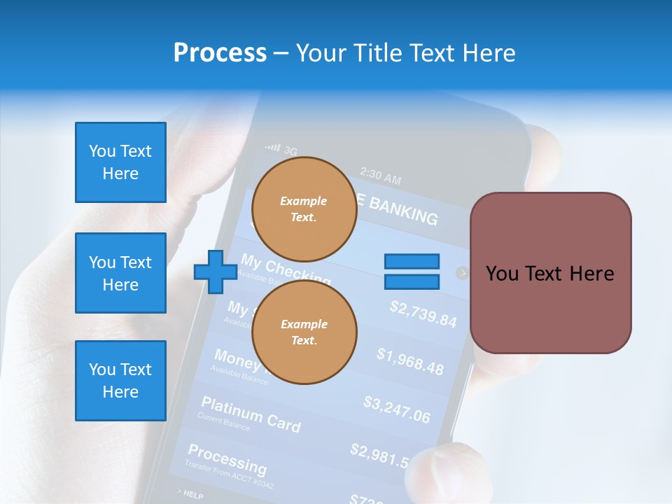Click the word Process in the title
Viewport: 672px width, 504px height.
coord(220,53)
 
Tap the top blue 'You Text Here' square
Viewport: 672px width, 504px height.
coord(120,162)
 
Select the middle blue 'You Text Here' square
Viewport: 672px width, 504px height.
coord(120,273)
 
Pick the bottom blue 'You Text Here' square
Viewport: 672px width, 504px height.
coord(120,380)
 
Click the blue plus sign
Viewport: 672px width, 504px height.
coord(215,272)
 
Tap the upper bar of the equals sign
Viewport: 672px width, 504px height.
coord(412,262)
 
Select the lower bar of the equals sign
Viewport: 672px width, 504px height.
coord(412,282)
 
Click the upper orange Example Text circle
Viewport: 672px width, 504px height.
coord(304,209)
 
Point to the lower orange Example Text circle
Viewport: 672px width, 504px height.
coord(304,332)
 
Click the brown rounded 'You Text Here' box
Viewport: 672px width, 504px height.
coord(550,273)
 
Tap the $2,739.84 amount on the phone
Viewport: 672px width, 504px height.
coord(423,314)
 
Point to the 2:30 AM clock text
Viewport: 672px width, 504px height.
coord(380,176)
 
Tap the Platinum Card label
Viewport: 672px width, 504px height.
coord(251,414)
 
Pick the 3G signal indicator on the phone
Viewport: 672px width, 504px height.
coord(282,149)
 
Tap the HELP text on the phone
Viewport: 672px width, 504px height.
coord(193,495)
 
